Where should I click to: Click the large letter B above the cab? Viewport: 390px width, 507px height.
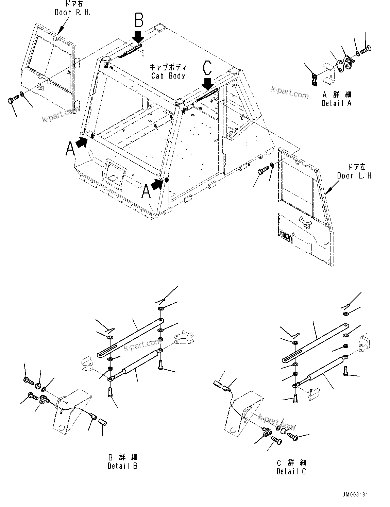click(x=139, y=20)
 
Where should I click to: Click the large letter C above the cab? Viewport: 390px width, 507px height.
click(x=207, y=68)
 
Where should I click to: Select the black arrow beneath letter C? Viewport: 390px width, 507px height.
click(x=207, y=83)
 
